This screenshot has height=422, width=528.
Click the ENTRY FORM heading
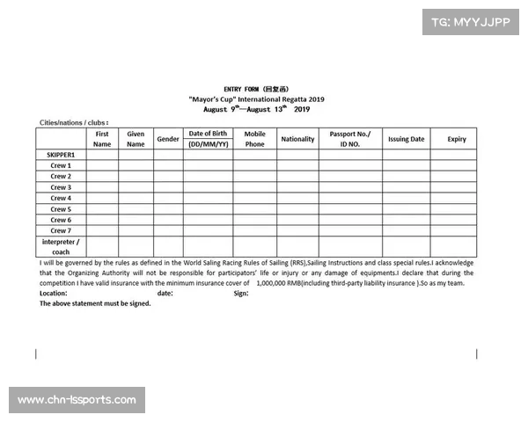(x=255, y=90)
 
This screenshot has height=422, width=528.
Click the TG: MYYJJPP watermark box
(x=471, y=20)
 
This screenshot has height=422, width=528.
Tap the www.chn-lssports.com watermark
(x=77, y=401)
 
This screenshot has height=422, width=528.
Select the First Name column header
(x=102, y=139)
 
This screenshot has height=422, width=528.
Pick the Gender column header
(x=167, y=139)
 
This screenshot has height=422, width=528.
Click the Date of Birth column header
(x=208, y=139)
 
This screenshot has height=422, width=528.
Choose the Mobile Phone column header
(x=254, y=139)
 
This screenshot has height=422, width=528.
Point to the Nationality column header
(x=297, y=139)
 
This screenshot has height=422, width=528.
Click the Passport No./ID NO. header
(x=350, y=139)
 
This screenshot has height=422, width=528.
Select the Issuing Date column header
(x=406, y=139)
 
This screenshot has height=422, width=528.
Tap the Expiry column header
(x=456, y=139)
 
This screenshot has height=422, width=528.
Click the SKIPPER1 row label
(x=61, y=155)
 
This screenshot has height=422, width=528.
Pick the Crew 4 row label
(x=61, y=199)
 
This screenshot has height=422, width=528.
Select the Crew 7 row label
(x=61, y=231)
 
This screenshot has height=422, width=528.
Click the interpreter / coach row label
(x=61, y=246)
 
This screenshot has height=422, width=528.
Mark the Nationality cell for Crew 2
(x=297, y=177)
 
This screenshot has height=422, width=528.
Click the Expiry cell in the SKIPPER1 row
(x=456, y=155)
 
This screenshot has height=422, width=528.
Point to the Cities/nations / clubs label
(x=74, y=122)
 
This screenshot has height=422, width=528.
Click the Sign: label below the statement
(x=241, y=294)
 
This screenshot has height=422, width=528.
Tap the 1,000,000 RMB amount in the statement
(x=286, y=283)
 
